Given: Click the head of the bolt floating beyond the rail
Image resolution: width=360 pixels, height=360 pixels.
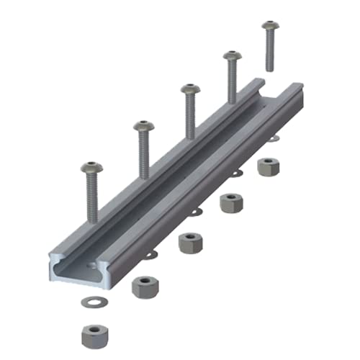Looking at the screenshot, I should [269, 27].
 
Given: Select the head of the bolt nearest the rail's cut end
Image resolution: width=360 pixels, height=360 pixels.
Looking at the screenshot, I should [91, 168].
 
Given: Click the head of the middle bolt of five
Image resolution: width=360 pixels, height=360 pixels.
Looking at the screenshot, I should [189, 89].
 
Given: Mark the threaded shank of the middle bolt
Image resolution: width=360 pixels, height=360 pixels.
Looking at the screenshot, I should [189, 115].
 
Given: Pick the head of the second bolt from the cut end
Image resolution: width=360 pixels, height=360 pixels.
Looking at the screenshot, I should [143, 127].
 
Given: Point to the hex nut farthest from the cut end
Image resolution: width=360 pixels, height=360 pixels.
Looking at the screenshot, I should [269, 166].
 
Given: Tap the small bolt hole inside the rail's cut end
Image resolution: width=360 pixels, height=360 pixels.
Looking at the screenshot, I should [94, 266].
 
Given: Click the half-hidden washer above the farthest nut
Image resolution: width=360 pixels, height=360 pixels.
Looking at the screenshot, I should [273, 139].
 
